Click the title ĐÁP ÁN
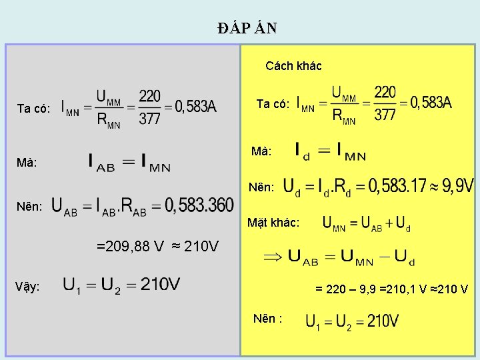[247, 28]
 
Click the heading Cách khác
[293, 66]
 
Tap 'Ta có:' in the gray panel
[33, 109]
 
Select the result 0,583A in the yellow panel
[431, 103]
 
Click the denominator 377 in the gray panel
[149, 119]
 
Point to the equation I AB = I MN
[129, 162]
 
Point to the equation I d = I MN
[330, 151]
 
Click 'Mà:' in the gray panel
[27, 163]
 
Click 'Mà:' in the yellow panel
[261, 152]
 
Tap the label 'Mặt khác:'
[273, 223]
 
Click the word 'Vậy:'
[27, 287]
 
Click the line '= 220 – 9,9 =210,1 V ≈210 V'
[391, 289]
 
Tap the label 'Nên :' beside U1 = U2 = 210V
[268, 319]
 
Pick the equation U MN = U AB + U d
[366, 224]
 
